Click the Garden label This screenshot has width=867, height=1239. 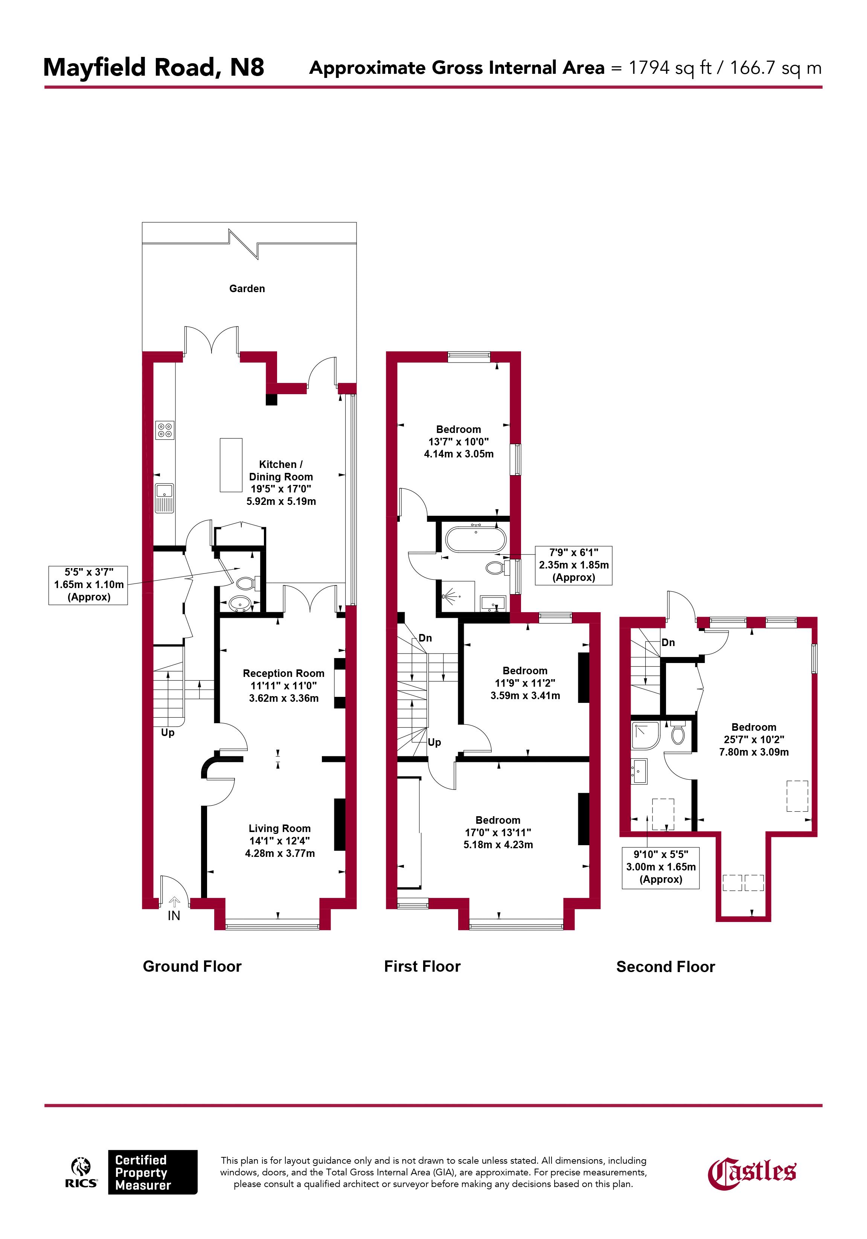247,289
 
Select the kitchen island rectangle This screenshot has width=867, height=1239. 231,465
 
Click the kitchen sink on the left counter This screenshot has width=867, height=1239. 165,498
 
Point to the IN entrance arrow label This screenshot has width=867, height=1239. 174,915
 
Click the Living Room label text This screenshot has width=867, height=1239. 279,828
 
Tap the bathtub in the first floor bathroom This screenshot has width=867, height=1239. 476,538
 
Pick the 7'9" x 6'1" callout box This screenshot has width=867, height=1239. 573,565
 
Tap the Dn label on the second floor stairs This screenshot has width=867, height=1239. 668,643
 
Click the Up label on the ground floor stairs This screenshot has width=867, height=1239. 168,733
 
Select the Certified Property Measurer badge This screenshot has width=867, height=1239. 153,1172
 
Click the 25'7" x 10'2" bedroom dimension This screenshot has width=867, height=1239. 754,740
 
